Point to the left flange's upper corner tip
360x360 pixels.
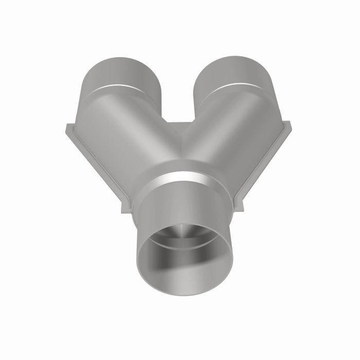[x=66, y=125]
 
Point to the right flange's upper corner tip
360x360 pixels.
[x=289, y=124]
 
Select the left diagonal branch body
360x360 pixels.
[x=129, y=134]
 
